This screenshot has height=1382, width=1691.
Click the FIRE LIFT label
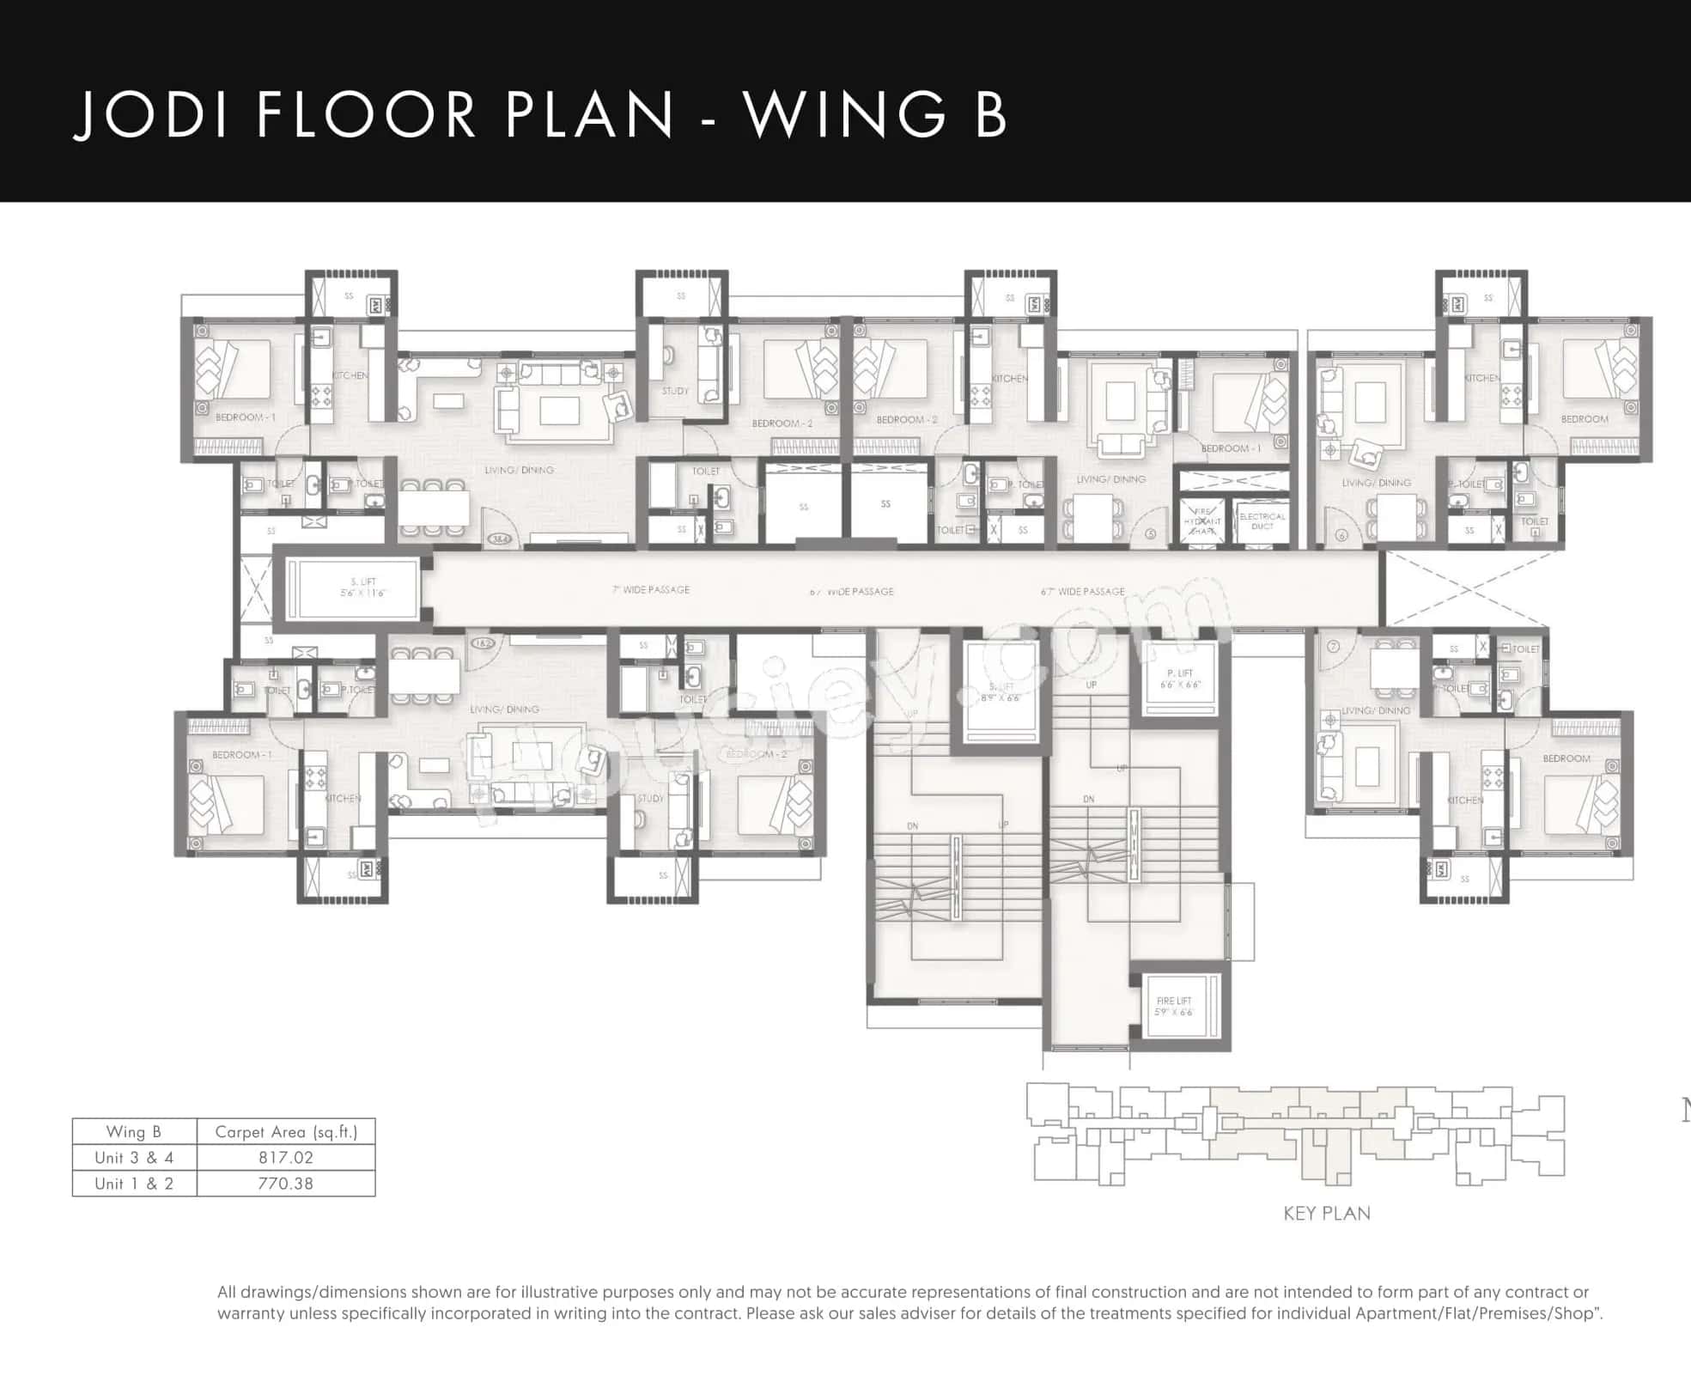point(1173,1006)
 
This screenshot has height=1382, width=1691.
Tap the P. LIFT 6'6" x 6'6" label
point(1180,679)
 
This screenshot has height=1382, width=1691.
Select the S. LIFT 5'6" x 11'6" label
point(363,588)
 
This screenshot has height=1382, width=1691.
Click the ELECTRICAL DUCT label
point(1262,521)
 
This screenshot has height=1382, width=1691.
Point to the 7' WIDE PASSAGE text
point(651,590)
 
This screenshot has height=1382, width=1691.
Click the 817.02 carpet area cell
point(286,1158)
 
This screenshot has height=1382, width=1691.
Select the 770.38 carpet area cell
point(286,1184)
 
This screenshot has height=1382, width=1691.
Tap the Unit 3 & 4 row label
point(134,1158)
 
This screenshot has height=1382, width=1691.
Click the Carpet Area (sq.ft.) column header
point(286,1132)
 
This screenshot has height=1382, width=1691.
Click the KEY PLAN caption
point(1327,1214)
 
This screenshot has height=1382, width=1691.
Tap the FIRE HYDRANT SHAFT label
point(1201,521)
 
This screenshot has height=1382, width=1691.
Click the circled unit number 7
point(1333,647)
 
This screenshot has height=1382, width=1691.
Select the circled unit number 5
point(1151,534)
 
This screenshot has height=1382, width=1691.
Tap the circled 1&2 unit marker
point(483,642)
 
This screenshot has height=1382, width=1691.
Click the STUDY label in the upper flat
point(675,391)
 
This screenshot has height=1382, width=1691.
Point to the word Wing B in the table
point(134,1132)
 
